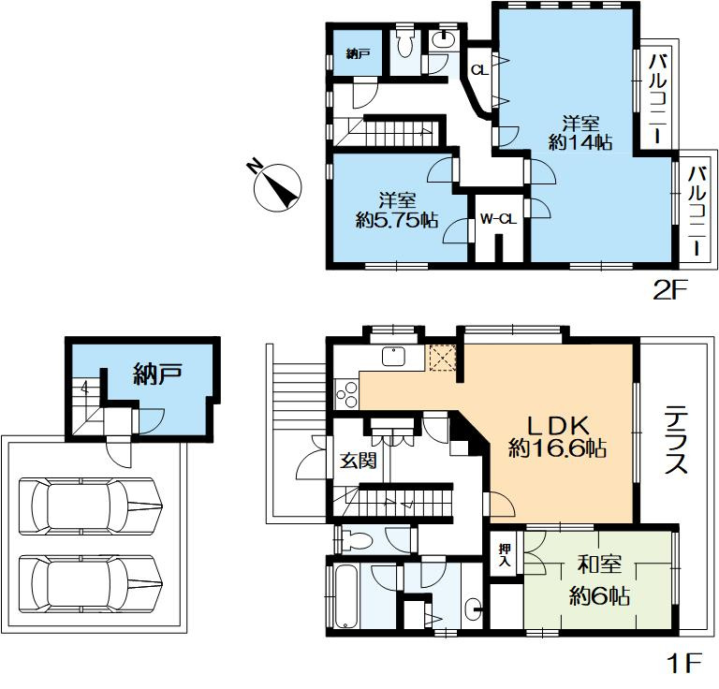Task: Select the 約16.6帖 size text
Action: pos(558,449)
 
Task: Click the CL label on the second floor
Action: pos(478,70)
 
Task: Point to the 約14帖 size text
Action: pos(580,142)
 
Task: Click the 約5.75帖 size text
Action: pos(398,221)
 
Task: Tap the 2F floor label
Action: pos(670,289)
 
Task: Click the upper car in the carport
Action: pos(90,505)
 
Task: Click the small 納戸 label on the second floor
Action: pos(358,54)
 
